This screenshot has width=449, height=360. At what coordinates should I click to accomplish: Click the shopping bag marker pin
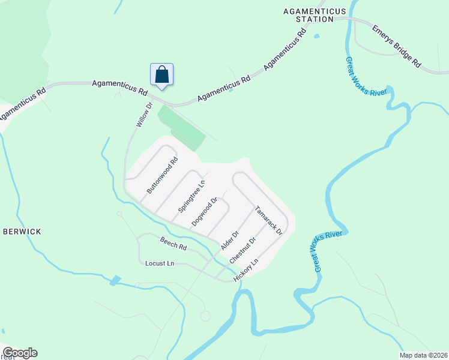(161, 75)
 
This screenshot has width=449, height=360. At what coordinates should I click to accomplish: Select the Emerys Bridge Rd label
(397, 46)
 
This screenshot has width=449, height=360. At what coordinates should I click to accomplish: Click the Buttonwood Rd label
(162, 175)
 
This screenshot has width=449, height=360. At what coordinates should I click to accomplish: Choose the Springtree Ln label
(191, 196)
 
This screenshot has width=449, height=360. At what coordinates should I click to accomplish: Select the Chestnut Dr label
(243, 250)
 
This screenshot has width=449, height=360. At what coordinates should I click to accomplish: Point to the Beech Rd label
(173, 243)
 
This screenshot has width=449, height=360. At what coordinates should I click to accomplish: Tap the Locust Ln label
(160, 263)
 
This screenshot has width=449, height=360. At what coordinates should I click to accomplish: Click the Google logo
(20, 353)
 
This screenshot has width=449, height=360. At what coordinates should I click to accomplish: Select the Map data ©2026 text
(423, 355)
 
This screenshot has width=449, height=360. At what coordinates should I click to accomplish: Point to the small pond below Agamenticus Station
(316, 35)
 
